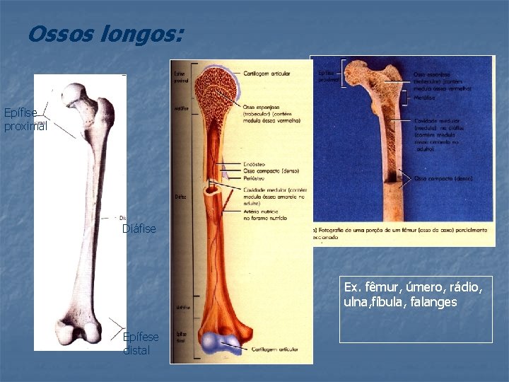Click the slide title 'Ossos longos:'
[105, 34]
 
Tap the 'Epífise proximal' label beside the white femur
[24, 120]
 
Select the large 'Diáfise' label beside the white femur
[139, 228]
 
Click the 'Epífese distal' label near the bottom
[141, 343]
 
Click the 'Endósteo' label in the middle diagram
[254, 164]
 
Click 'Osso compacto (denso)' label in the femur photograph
[443, 179]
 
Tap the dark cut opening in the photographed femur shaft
[406, 180]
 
